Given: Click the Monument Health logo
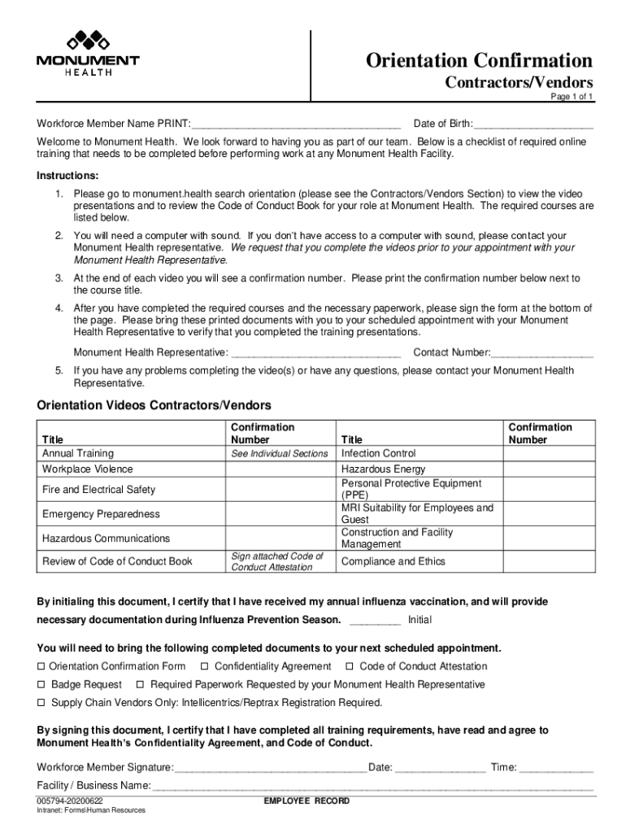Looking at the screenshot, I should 87,53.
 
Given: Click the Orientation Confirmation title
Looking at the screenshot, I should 479,60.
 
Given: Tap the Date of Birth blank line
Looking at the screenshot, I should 533,124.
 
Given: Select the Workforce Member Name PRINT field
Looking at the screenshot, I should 296,124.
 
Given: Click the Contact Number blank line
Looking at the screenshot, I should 542,353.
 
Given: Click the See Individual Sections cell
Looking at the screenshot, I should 279,454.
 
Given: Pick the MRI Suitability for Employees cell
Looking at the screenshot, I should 417,513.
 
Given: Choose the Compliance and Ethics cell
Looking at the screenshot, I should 393,561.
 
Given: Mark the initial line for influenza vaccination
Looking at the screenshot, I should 375,621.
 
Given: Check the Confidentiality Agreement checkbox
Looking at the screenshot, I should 205,667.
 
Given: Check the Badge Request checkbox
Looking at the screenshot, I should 41,685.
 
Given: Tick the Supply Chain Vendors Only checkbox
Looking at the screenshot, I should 41,703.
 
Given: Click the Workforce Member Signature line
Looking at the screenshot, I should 270,768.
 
